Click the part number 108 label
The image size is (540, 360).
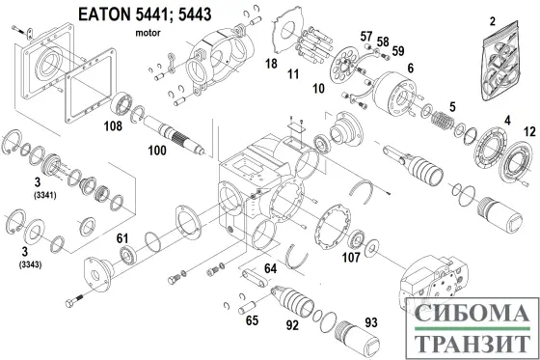pyautogui.click(x=113, y=126)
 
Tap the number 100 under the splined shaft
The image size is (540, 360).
pyautogui.click(x=157, y=151)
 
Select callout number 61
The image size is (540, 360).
pyautogui.click(x=122, y=238)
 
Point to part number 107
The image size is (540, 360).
pyautogui.click(x=351, y=257)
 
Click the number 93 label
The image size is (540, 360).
pyautogui.click(x=371, y=322)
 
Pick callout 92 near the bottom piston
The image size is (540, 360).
pyautogui.click(x=292, y=325)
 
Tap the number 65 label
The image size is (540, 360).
pyautogui.click(x=252, y=320)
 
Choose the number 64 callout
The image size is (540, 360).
pyautogui.click(x=270, y=268)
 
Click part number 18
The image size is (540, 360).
pyautogui.click(x=271, y=64)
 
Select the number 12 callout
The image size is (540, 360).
pyautogui.click(x=529, y=131)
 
